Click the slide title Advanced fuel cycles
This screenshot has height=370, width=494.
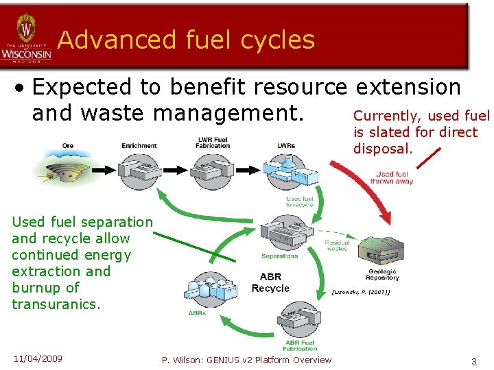[x=186, y=40]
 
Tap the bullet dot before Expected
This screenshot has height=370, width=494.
[x=23, y=88]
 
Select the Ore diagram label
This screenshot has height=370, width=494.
[x=67, y=145]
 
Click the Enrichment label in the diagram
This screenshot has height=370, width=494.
[x=139, y=145]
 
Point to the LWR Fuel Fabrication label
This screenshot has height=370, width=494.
[x=213, y=143]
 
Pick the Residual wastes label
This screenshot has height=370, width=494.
[x=337, y=245]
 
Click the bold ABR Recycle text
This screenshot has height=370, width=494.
[x=270, y=283]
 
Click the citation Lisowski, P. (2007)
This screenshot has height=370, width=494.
[x=361, y=292]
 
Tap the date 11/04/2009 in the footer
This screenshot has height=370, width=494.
[x=37, y=358]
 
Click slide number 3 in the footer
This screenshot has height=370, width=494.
[x=473, y=360]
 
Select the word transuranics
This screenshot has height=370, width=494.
[x=56, y=304]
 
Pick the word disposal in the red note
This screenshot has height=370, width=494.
[x=383, y=149]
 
